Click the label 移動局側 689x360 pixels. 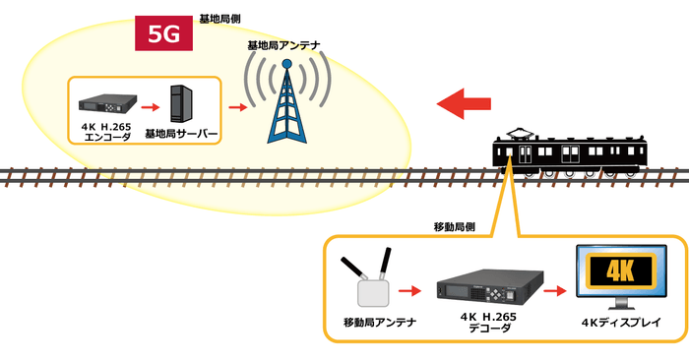point(455,225)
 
